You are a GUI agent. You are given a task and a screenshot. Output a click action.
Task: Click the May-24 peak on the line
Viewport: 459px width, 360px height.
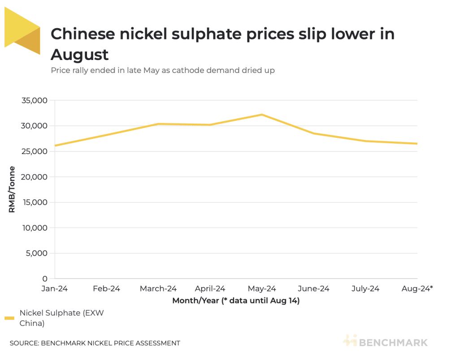(262, 115)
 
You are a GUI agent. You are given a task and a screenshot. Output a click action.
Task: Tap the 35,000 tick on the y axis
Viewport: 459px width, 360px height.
(35, 100)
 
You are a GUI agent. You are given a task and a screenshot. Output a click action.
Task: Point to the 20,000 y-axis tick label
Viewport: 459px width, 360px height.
(35, 177)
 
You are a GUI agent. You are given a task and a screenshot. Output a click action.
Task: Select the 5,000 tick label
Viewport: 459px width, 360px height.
(36, 253)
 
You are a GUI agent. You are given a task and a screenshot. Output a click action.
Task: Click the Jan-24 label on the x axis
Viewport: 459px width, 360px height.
(54, 289)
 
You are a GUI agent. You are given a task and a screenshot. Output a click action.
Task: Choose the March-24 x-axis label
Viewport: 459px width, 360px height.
(158, 289)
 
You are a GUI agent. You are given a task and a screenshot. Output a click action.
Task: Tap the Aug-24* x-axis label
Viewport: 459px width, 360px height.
(417, 289)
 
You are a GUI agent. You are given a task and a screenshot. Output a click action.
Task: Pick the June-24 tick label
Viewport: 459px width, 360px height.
(314, 289)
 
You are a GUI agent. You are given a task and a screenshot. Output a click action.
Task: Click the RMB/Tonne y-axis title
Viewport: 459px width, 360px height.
(12, 189)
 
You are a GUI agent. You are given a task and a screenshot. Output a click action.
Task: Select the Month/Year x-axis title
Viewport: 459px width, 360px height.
(236, 301)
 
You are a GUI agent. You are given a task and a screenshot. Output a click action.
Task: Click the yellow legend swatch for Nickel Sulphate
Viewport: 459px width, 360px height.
(9, 318)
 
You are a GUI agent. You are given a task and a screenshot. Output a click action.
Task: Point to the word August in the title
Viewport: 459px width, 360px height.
(80, 55)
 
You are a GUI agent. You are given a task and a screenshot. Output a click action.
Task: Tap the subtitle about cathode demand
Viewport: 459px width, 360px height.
(163, 70)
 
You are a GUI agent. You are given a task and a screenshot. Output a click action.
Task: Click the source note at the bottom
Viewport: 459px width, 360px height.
(95, 343)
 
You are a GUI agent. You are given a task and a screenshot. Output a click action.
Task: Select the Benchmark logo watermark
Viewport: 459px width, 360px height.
(385, 342)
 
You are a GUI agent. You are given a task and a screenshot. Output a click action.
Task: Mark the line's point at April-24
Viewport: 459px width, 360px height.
(210, 125)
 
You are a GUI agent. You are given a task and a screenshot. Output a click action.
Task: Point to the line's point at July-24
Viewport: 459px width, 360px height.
(365, 141)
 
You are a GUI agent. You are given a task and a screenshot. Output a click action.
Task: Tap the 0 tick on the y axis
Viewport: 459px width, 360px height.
(45, 279)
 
